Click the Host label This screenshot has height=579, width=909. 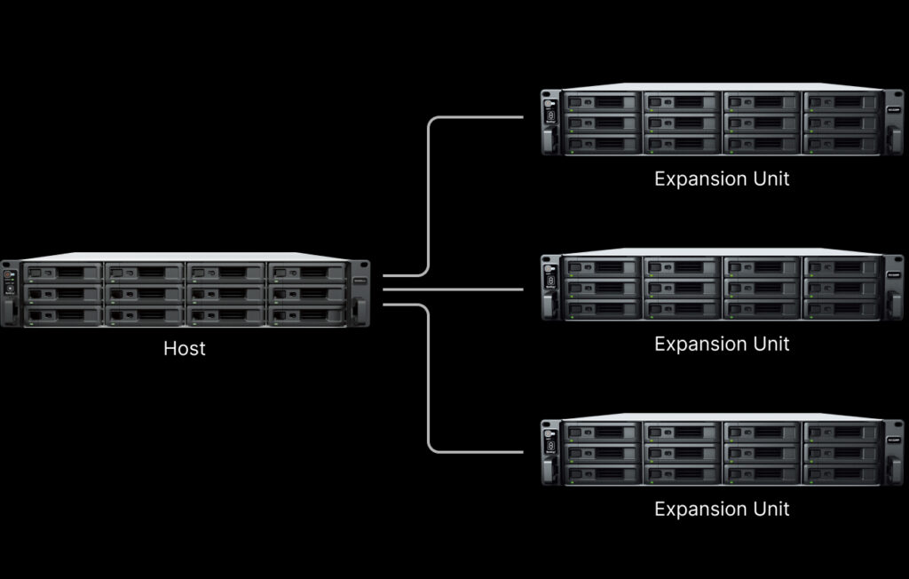pos(185,348)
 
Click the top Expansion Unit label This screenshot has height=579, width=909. pos(722,178)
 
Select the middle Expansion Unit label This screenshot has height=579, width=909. pos(722,344)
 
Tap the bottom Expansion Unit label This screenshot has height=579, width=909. pos(722,509)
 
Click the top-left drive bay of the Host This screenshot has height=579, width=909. pos(63,272)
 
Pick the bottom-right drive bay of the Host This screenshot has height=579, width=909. pos(307,315)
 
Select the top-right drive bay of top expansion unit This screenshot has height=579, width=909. pos(842,102)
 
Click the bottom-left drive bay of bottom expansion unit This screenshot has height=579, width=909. pos(602,474)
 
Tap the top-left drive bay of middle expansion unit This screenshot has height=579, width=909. pos(602,267)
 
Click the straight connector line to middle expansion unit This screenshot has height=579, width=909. pos(453,289)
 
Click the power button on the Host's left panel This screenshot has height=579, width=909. pos(7,274)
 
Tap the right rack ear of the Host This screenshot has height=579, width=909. pos(360,294)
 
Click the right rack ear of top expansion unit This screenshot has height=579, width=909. pos(893,122)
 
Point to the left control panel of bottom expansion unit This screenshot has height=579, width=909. pos(550,453)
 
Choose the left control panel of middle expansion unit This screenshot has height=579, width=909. pos(550,288)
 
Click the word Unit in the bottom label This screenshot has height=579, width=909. pos(771,509)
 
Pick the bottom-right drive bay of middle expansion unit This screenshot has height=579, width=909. pos(842,309)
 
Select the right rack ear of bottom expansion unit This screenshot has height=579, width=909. pos(893,453)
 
